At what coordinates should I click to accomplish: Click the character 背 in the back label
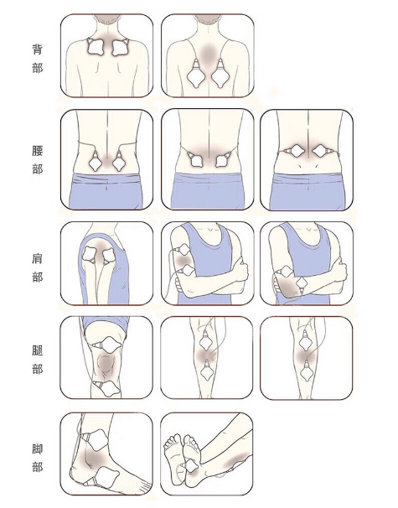coord(37,49)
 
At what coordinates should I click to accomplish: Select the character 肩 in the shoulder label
coord(37,258)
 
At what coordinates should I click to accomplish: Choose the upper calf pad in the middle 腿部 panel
coord(206,340)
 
